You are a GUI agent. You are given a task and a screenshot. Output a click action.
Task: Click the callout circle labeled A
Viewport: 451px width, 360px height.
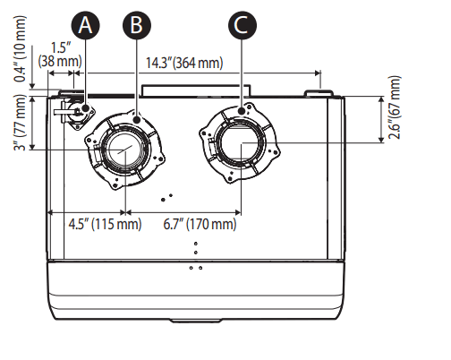pyautogui.click(x=87, y=26)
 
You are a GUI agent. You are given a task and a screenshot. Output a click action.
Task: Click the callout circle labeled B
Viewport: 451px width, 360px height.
pyautogui.click(x=136, y=26)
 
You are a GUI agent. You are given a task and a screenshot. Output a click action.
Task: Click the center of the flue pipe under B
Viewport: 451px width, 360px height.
pyautogui.click(x=125, y=147)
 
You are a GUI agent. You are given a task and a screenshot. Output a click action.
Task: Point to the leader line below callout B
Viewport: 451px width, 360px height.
pyautogui.click(x=136, y=76)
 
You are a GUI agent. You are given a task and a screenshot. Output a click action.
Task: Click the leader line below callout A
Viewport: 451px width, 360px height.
pyautogui.click(x=87, y=72)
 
